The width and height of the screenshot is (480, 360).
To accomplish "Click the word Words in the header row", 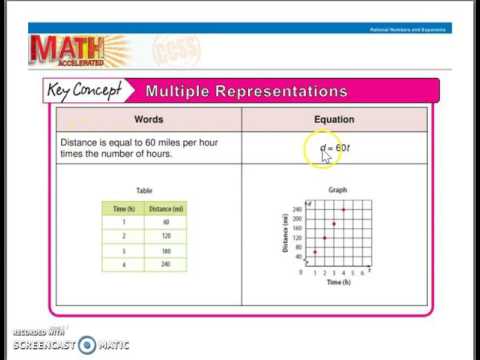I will pos(149,120).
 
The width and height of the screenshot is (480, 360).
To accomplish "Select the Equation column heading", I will pos(334,120).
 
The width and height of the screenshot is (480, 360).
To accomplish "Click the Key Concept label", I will pos(87,91).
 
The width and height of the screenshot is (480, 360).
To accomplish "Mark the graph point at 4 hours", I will pos(344,210).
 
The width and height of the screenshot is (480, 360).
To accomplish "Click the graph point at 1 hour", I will pos(315,252).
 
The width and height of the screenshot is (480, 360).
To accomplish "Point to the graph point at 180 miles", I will pos(334,224).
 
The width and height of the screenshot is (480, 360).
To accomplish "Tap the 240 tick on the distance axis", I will pos(298,210).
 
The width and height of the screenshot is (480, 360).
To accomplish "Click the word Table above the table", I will pos(143,190).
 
